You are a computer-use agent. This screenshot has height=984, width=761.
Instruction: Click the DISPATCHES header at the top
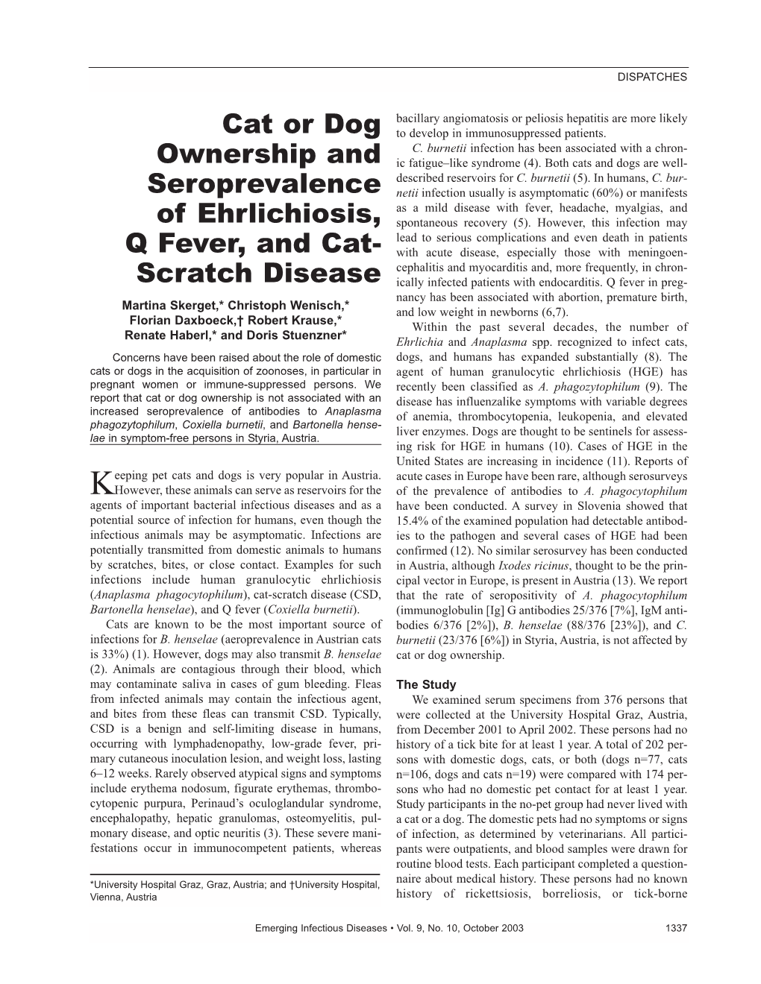(652, 76)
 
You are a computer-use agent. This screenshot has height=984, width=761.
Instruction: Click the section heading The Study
(426, 684)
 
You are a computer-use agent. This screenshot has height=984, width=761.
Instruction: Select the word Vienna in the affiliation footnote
(106, 898)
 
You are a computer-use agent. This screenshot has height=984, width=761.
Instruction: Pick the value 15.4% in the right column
(413, 521)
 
